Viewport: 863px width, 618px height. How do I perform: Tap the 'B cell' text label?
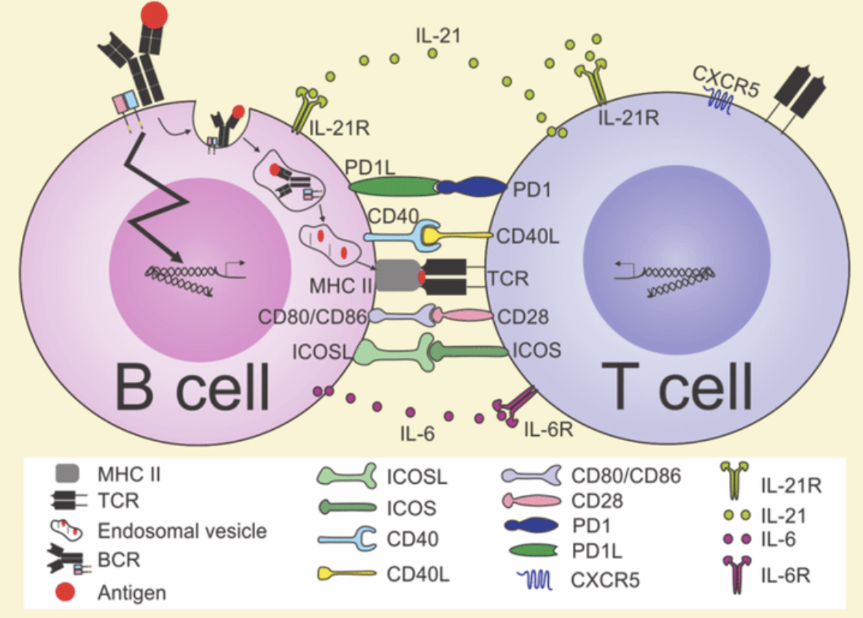click(192, 383)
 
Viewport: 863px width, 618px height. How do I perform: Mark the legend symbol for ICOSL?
click(345, 477)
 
